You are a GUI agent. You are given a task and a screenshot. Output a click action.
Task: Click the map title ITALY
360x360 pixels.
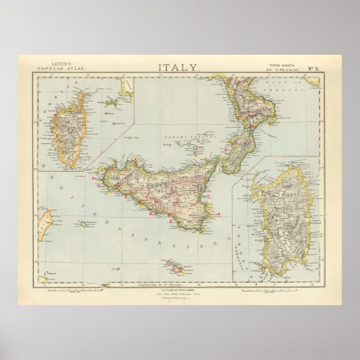pyautogui.click(x=178, y=68)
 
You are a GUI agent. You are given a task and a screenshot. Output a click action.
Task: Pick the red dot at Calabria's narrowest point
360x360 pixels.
pyautogui.click(x=252, y=126)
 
